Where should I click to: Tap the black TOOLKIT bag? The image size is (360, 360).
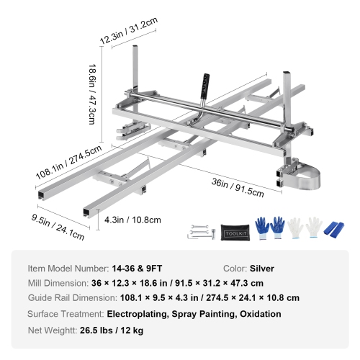coord(233,230)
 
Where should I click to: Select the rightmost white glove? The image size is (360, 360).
coord(313,227)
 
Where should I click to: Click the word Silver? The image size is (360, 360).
coord(262,268)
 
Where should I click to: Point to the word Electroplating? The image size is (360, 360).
coord(140,314)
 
